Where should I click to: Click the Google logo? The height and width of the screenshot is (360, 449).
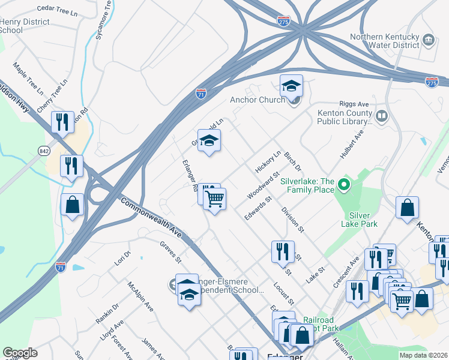[x=20, y=353]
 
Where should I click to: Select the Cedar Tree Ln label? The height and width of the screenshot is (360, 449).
[x=58, y=10]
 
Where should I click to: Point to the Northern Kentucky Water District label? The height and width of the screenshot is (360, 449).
[x=385, y=40]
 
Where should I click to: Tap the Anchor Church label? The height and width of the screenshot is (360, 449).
[x=257, y=100]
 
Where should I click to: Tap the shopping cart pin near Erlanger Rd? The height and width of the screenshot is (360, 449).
[x=214, y=199]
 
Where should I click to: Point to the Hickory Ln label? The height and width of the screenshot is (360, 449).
[x=268, y=162]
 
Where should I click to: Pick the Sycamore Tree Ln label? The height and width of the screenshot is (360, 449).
[x=104, y=20]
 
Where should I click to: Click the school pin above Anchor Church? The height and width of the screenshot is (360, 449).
[x=291, y=87]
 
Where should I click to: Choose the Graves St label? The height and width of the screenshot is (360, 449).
[x=170, y=252]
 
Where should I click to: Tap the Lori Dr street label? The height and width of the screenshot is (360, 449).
[x=122, y=258]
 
